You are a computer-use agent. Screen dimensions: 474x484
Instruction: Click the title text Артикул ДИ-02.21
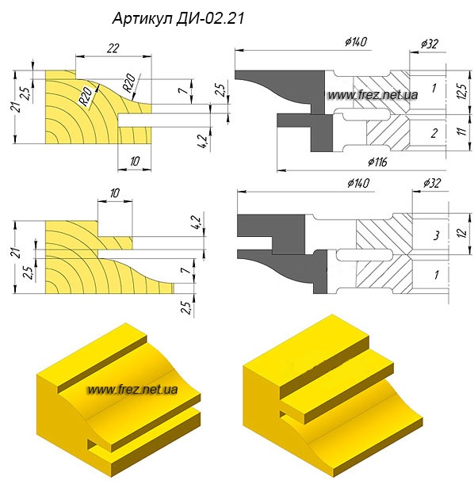[178, 18]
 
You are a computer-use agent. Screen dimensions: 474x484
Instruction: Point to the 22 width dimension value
[113, 48]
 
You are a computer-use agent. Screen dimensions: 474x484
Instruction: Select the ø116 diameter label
[377, 162]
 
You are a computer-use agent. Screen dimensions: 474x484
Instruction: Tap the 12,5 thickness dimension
[461, 91]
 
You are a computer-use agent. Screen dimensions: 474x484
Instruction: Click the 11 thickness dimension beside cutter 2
[461, 131]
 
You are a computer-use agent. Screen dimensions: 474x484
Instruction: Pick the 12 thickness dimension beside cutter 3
[462, 232]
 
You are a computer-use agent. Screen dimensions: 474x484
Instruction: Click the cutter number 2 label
[434, 133]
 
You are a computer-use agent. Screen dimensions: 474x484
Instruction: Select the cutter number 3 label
[436, 236]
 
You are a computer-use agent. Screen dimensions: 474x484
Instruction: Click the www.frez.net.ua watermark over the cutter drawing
[373, 95]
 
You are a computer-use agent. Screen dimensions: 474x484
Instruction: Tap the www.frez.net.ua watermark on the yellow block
[133, 389]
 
